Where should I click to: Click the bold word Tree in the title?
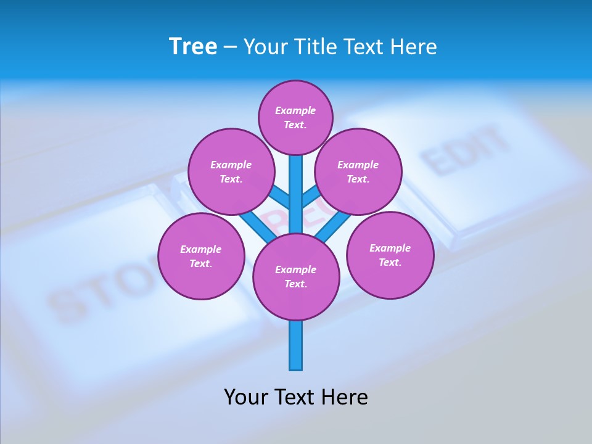193,47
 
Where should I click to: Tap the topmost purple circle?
295,117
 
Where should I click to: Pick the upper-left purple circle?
231,171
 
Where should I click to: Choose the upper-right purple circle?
358,171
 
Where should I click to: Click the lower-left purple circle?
201,256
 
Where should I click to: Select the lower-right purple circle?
390,255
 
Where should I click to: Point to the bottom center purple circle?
296,277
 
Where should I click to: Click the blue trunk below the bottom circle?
296,345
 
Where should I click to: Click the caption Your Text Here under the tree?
296,397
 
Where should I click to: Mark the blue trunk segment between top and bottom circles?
296,194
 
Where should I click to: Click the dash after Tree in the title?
230,47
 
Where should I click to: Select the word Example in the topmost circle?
295,110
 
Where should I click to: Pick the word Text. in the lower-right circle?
390,262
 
